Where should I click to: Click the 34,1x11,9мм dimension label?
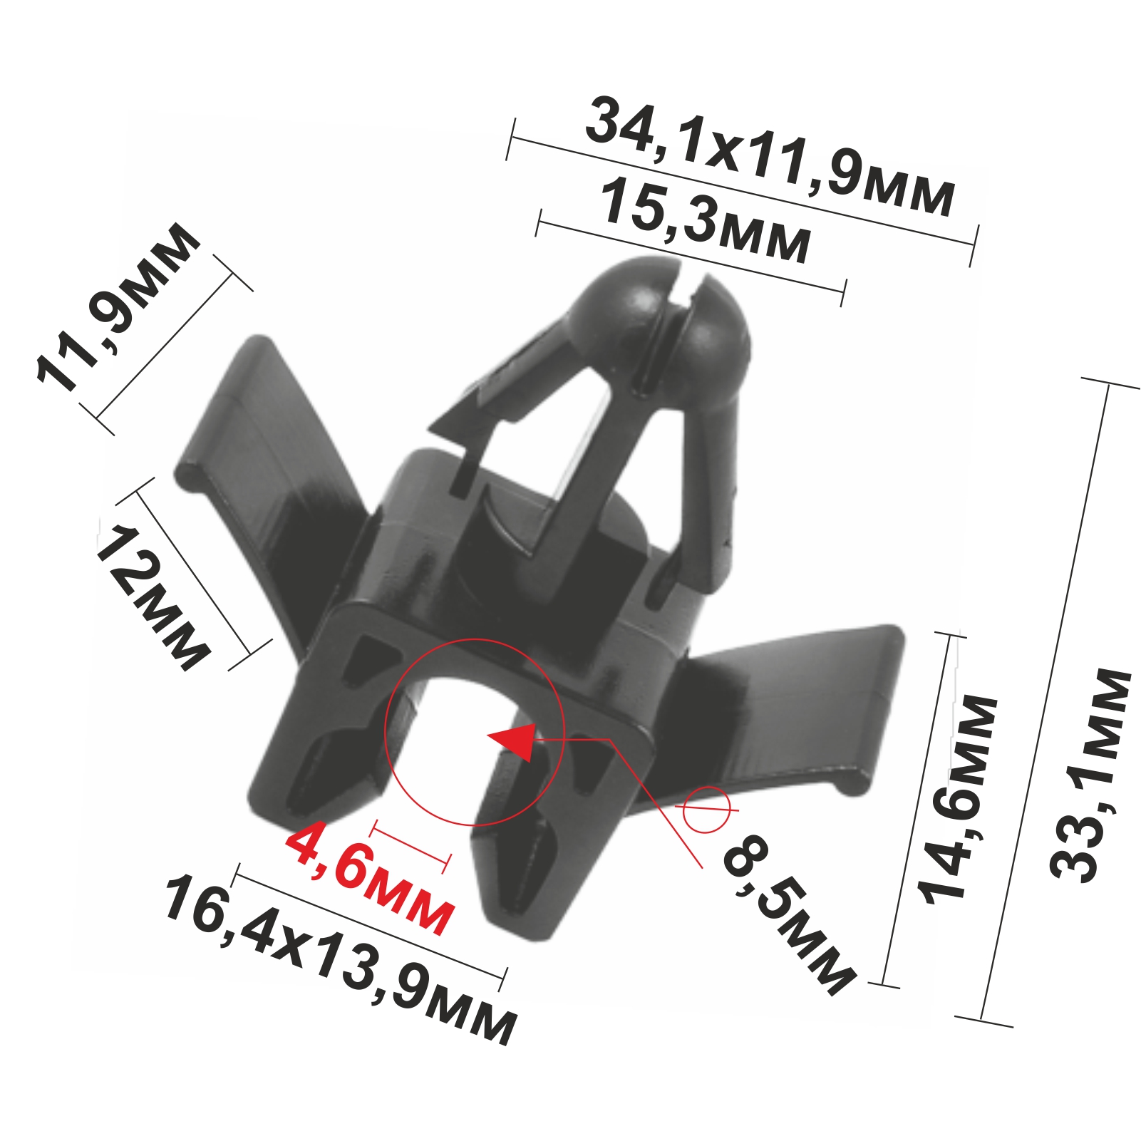(x=770, y=158)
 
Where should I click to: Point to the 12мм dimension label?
(x=153, y=597)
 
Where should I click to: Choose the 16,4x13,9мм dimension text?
(x=340, y=959)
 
